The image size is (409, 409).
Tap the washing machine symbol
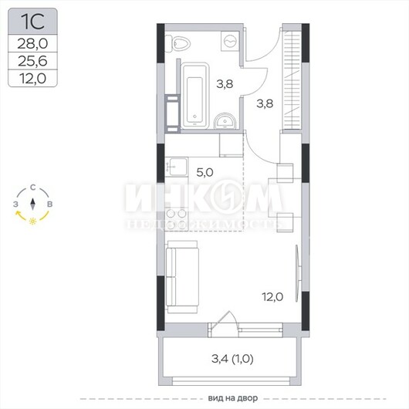coord(230,41)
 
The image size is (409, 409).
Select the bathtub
coord(195,96)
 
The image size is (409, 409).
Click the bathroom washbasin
coord(225,121)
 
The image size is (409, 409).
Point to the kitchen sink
coord(177,167)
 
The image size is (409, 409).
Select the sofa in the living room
coord(182,277)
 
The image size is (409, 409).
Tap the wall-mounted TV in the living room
coord(298,273)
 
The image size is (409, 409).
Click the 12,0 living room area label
coord(272,297)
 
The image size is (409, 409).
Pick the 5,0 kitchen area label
coord(204,172)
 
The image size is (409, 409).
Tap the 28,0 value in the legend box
coord(32,43)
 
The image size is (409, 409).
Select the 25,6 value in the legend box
coord(32,61)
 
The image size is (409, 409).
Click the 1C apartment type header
coord(32,22)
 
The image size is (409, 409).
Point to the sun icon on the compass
coord(32,221)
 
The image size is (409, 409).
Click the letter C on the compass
coord(32,188)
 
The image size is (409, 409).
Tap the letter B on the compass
coord(49,204)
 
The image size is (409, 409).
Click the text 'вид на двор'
coord(233,398)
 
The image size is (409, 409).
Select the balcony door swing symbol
coord(224,319)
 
